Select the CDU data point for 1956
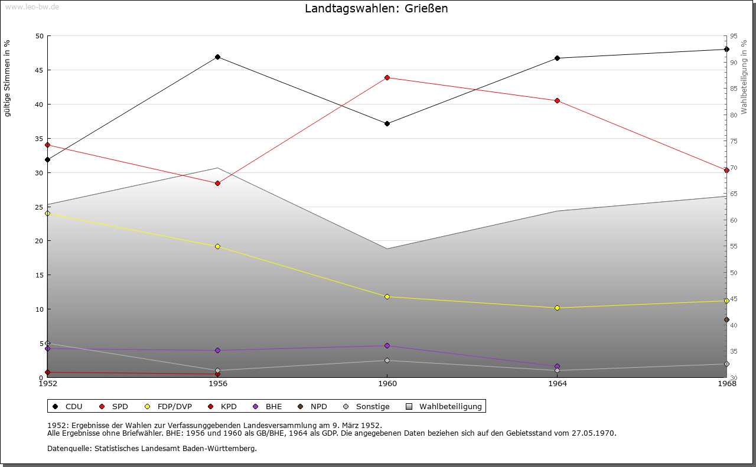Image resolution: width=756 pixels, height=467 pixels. coord(217,57)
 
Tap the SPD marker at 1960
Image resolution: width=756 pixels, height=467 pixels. coord(387,77)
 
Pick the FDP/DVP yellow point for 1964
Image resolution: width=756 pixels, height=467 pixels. coord(557,308)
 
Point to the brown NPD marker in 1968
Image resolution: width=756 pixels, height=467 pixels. coord(726,320)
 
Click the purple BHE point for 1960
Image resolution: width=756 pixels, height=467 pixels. coord(387,345)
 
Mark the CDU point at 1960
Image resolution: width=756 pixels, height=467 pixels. coord(387,123)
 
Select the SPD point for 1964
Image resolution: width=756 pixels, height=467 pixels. coord(557,100)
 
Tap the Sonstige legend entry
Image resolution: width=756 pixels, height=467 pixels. coord(372,406)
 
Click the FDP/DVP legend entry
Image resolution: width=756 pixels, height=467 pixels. coord(174,406)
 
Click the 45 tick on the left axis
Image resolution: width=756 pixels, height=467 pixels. coord(40,70)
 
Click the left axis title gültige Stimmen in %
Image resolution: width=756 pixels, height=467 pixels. coord(8,78)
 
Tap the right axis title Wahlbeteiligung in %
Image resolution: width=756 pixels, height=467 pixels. coord(744,77)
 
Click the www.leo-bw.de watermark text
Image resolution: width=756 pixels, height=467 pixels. coord(31,6)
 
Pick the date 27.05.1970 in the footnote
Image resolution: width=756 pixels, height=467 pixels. coord(593,433)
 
